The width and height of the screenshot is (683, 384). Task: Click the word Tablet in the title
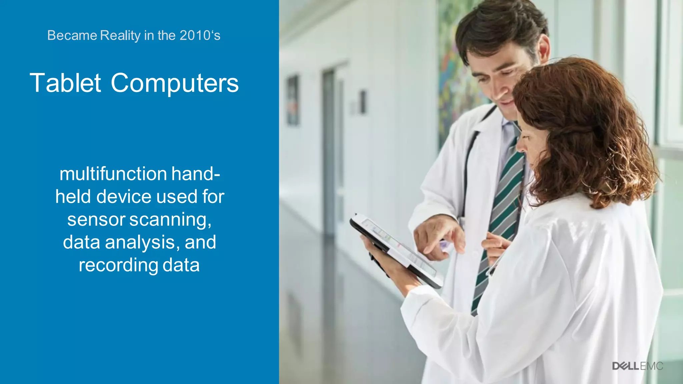(x=65, y=83)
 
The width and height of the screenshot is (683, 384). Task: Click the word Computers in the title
(x=175, y=83)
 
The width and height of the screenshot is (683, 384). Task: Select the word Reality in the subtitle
(x=120, y=35)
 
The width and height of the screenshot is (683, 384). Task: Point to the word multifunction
(x=113, y=174)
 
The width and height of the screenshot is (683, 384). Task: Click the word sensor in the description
(x=96, y=220)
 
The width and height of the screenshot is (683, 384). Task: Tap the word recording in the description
(x=118, y=265)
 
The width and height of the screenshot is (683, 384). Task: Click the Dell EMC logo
(x=637, y=366)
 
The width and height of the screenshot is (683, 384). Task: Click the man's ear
(x=543, y=48)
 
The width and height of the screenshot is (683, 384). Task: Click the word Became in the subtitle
(x=72, y=35)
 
